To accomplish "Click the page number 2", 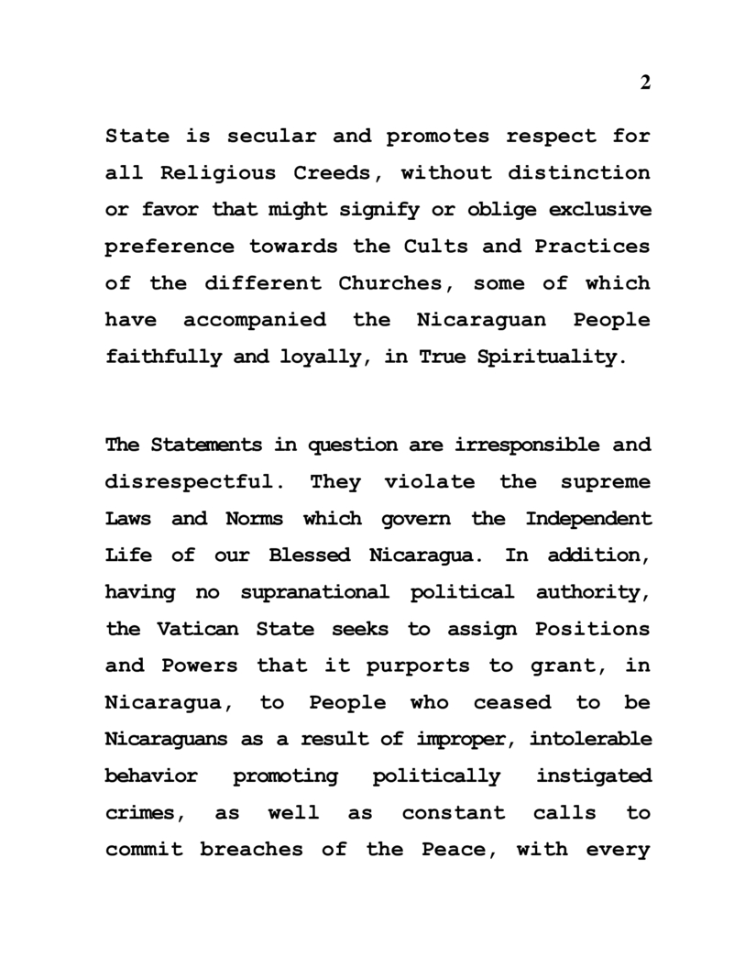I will click(645, 82).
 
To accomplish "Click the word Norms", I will click(254, 519).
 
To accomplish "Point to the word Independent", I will click(588, 519).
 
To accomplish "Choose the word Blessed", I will click(309, 555).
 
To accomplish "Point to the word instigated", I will click(594, 776).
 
